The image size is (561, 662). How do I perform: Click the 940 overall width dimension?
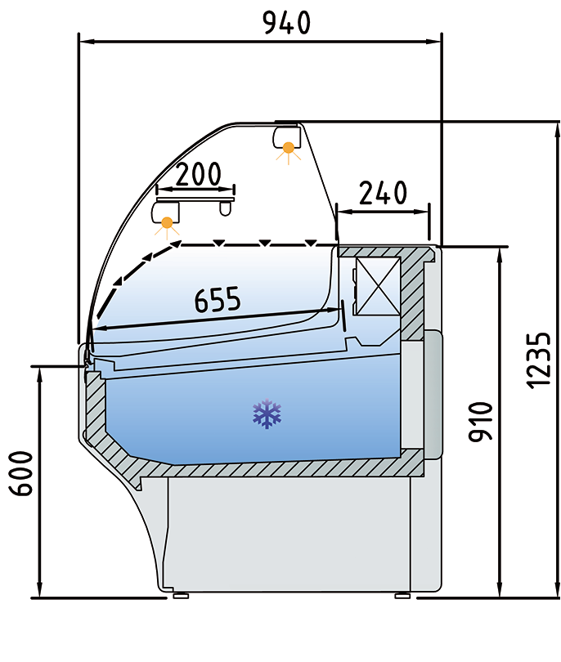286,22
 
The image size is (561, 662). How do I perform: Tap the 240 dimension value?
383,193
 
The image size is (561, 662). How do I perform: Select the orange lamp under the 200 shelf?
168,222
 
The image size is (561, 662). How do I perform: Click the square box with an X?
377,284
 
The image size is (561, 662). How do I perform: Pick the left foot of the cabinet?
181,595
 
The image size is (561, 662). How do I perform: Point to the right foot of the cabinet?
402,595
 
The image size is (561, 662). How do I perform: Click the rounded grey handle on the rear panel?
432,394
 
